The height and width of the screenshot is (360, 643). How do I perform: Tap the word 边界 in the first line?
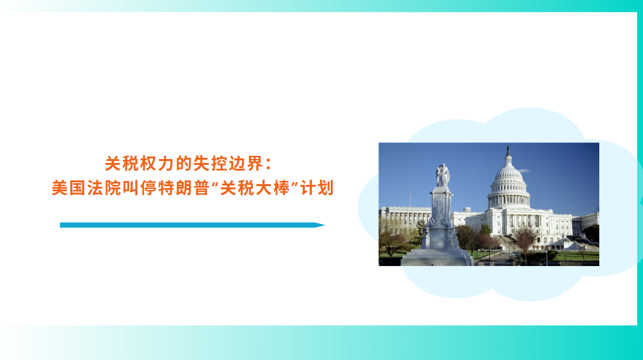click(x=246, y=164)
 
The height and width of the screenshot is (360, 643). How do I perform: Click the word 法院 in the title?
click(x=104, y=188)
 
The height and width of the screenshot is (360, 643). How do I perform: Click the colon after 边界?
click(x=268, y=164)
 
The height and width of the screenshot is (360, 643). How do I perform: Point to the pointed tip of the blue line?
click(x=325, y=225)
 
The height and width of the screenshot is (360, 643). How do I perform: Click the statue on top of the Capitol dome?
click(x=508, y=151)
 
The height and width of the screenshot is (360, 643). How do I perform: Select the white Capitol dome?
click(x=508, y=185)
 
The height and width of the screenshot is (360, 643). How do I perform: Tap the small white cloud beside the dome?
click(x=525, y=171)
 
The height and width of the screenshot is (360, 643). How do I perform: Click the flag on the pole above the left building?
click(x=411, y=193)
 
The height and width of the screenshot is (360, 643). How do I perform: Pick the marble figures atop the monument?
click(x=442, y=175)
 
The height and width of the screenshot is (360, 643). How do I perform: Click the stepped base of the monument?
click(x=437, y=258)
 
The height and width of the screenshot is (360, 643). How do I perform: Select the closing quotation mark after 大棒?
click(x=294, y=184)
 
